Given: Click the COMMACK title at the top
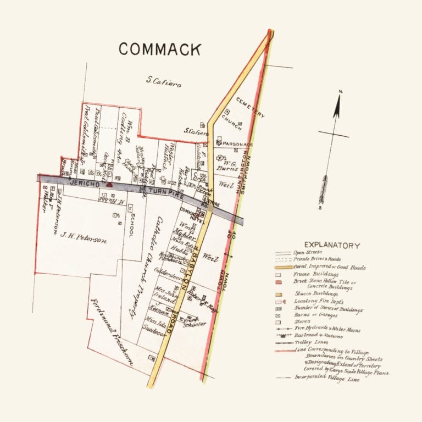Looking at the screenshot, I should click(160, 49).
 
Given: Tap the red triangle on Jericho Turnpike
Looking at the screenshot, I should click(109, 185).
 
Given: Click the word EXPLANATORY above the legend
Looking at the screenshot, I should click(332, 246).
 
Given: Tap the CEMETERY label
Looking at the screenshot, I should click(251, 108).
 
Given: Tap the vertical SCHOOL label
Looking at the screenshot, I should click(132, 225).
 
